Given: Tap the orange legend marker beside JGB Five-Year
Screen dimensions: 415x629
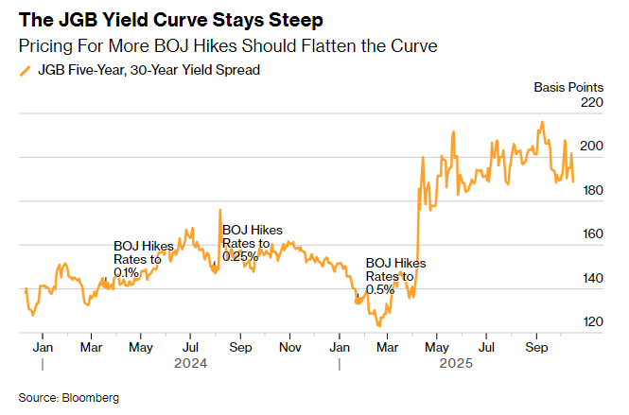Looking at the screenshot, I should pyautogui.click(x=26, y=70).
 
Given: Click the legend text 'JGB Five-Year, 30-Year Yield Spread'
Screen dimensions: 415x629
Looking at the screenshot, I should pyautogui.click(x=149, y=70).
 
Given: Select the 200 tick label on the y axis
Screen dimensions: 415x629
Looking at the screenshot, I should pyautogui.click(x=591, y=147).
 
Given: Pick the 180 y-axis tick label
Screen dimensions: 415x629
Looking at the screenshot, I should pyautogui.click(x=591, y=191).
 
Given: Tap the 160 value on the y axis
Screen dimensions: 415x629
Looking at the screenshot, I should pyautogui.click(x=591, y=234).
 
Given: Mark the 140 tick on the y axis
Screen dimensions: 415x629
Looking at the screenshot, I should pyautogui.click(x=591, y=279).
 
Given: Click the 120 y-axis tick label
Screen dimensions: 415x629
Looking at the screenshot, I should pyautogui.click(x=591, y=322).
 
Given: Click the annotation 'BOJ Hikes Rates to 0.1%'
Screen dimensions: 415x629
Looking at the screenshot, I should pyautogui.click(x=143, y=259).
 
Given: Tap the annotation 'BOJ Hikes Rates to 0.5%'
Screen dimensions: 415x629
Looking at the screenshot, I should pyautogui.click(x=395, y=276).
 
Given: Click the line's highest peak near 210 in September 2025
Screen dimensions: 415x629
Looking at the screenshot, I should pyautogui.click(x=542, y=122).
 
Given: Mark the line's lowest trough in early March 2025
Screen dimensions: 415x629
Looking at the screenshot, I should pyautogui.click(x=379, y=325).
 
